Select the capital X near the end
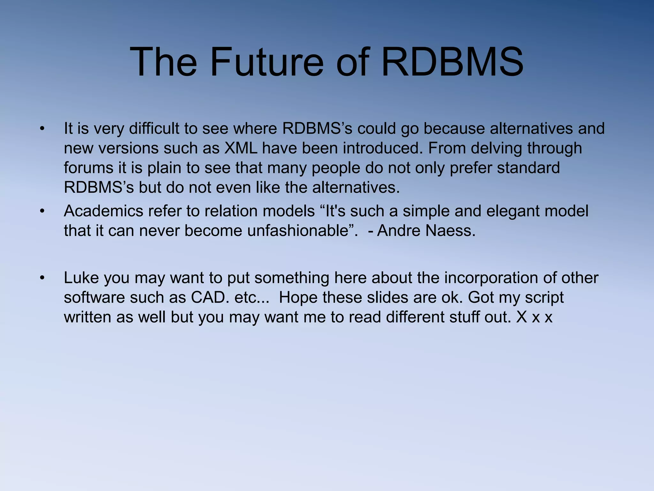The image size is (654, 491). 521,317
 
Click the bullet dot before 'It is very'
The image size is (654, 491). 42,129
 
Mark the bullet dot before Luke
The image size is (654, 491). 42,278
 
